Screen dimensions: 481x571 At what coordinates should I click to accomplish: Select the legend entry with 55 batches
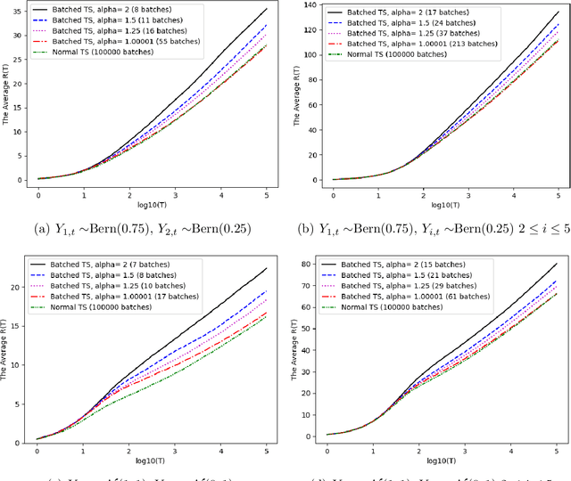point(107,41)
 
